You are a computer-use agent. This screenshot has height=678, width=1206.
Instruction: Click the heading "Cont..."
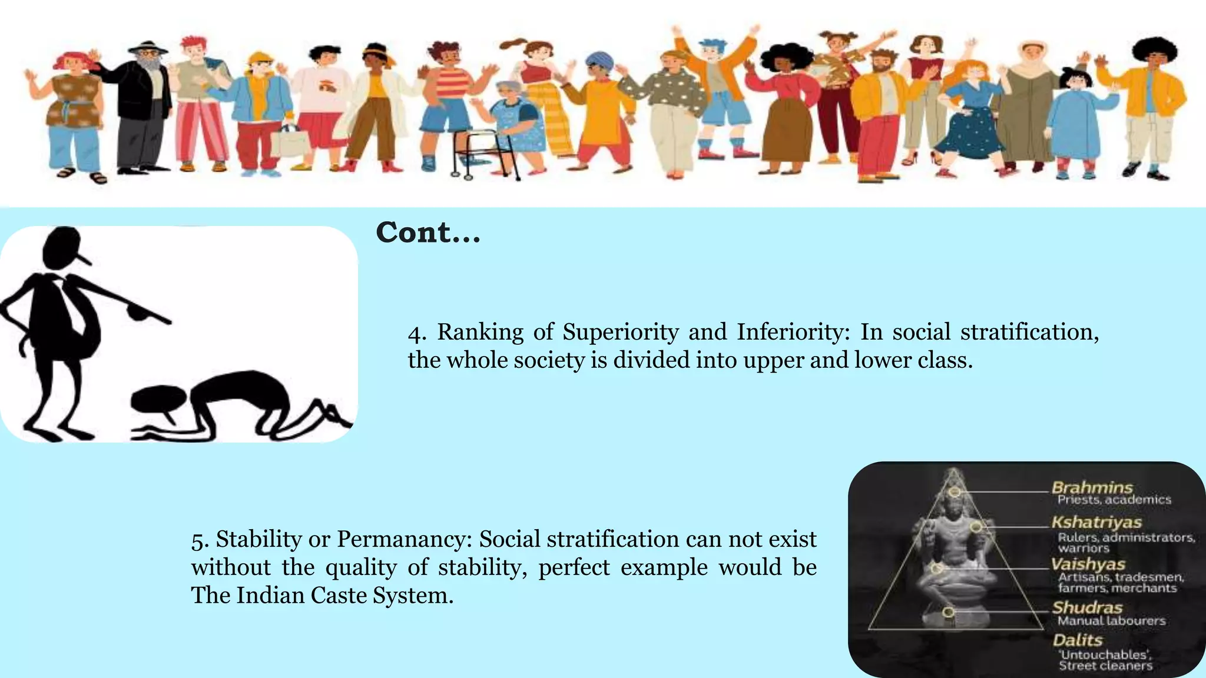coord(428,232)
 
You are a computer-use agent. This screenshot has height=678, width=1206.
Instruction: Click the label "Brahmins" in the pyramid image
coord(1092,487)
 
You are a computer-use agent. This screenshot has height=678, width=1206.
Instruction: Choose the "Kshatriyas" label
coord(1096,522)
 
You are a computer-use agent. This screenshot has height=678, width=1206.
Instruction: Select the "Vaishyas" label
coord(1088,564)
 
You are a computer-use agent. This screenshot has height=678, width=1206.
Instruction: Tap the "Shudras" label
coord(1087,607)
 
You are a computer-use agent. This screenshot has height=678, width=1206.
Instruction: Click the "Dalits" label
coord(1077,640)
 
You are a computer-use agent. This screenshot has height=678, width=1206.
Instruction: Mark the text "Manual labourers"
coord(1111,621)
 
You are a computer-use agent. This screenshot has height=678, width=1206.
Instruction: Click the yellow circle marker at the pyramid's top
coord(955,491)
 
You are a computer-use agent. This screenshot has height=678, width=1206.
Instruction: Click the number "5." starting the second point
coord(200,540)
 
